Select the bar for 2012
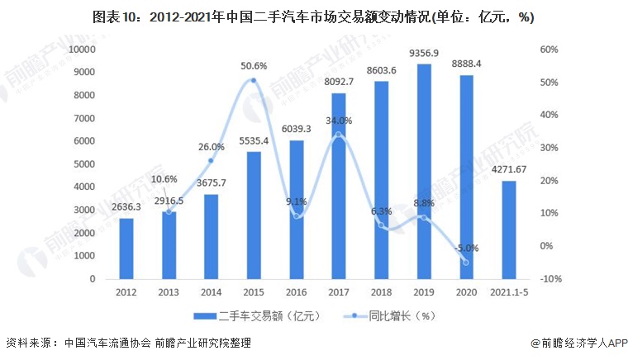pos(126,249)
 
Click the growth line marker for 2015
pos(254,81)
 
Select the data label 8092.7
pos(339,82)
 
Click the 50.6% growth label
pos(254,66)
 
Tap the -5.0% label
pos(464,248)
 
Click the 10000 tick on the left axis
pos(81,50)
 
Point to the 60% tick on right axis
pos(551,50)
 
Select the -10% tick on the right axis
pos(551,279)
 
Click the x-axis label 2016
pos(297,292)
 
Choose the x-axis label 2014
pos(211,292)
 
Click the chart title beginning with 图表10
pos(313,17)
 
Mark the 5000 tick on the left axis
pos(83,164)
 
